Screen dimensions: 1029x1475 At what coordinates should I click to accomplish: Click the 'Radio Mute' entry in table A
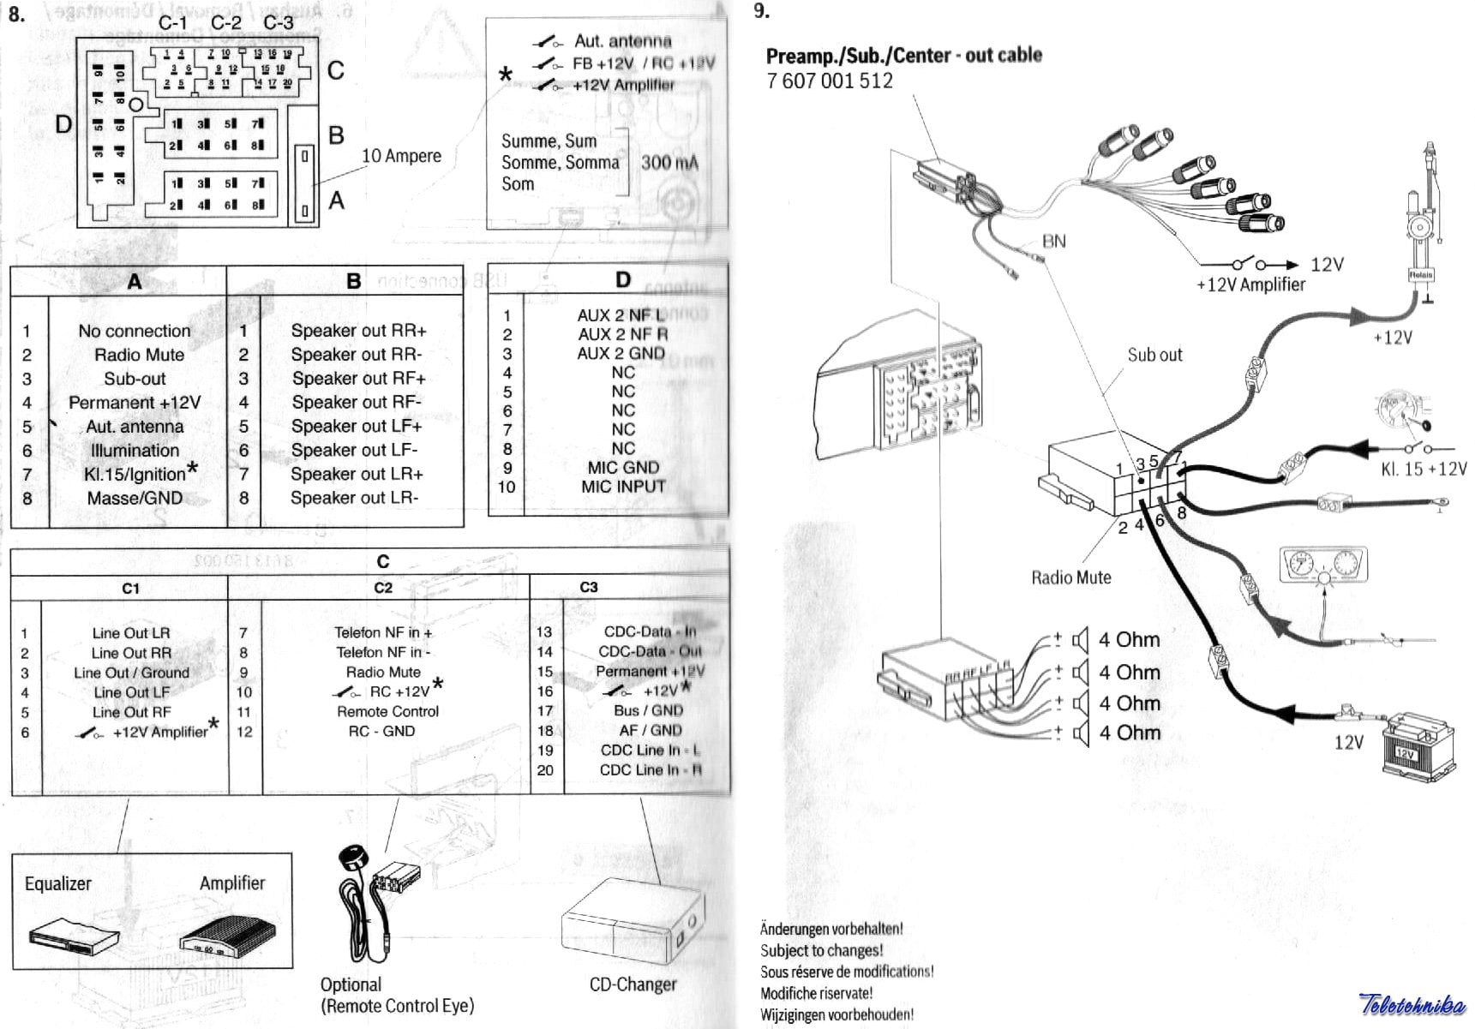coord(139,355)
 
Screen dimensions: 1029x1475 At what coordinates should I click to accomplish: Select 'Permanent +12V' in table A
coord(135,403)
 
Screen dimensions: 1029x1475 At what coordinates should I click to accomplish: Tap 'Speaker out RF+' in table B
coord(358,379)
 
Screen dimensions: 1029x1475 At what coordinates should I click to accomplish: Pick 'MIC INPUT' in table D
coord(623,487)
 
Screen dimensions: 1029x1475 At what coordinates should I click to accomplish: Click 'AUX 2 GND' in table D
coord(621,354)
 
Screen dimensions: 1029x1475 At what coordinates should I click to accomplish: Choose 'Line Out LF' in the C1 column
coord(131,692)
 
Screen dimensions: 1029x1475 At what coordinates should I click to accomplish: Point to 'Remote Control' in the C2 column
coord(387,712)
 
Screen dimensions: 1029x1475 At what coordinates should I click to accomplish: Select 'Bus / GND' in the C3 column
coord(648,710)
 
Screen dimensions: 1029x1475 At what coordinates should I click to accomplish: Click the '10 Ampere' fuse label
coord(401,156)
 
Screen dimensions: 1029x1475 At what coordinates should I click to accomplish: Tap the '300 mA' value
coord(669,163)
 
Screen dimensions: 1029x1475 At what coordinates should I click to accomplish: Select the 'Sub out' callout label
coord(1154,355)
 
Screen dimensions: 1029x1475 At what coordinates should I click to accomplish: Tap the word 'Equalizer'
coord(57,883)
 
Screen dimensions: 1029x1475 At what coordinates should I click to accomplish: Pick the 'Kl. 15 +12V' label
coord(1424,470)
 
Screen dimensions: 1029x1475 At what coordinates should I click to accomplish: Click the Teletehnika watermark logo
coord(1412,1003)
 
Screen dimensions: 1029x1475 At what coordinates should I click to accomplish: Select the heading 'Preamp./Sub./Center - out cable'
coord(904,56)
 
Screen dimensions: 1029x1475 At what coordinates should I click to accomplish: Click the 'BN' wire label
coord(1053,242)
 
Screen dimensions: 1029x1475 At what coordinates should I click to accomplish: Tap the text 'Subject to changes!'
coord(821,950)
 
